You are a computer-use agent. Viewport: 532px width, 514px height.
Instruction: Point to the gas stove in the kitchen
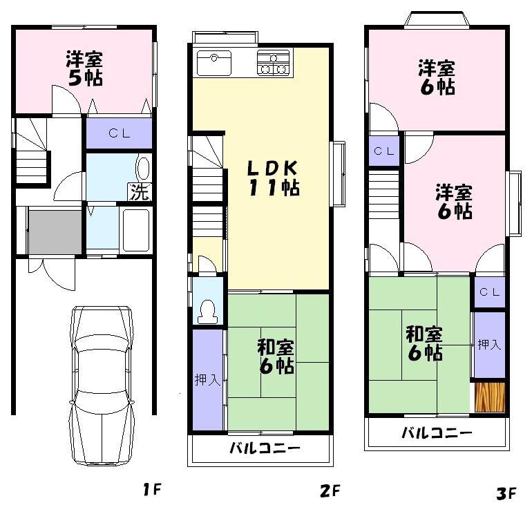click(x=274, y=63)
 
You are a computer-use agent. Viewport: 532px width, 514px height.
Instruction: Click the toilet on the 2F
click(x=207, y=311)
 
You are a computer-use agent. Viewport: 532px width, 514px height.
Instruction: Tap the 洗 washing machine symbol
click(x=140, y=193)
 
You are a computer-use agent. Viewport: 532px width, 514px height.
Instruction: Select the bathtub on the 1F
click(x=135, y=230)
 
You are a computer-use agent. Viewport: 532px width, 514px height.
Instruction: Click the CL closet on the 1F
click(x=118, y=133)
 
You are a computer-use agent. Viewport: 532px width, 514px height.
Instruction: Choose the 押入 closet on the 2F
click(x=207, y=380)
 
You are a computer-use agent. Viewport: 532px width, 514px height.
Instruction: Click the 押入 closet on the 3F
click(x=489, y=344)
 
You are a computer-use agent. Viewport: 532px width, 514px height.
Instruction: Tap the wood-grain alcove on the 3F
click(x=490, y=397)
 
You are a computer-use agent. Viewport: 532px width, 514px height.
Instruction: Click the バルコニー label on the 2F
click(x=265, y=449)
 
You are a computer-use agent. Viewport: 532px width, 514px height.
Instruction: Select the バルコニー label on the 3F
click(x=437, y=434)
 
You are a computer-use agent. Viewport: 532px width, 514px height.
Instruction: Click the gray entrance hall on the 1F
click(x=55, y=233)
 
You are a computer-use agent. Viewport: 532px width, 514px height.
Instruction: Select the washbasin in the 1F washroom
click(x=143, y=169)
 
